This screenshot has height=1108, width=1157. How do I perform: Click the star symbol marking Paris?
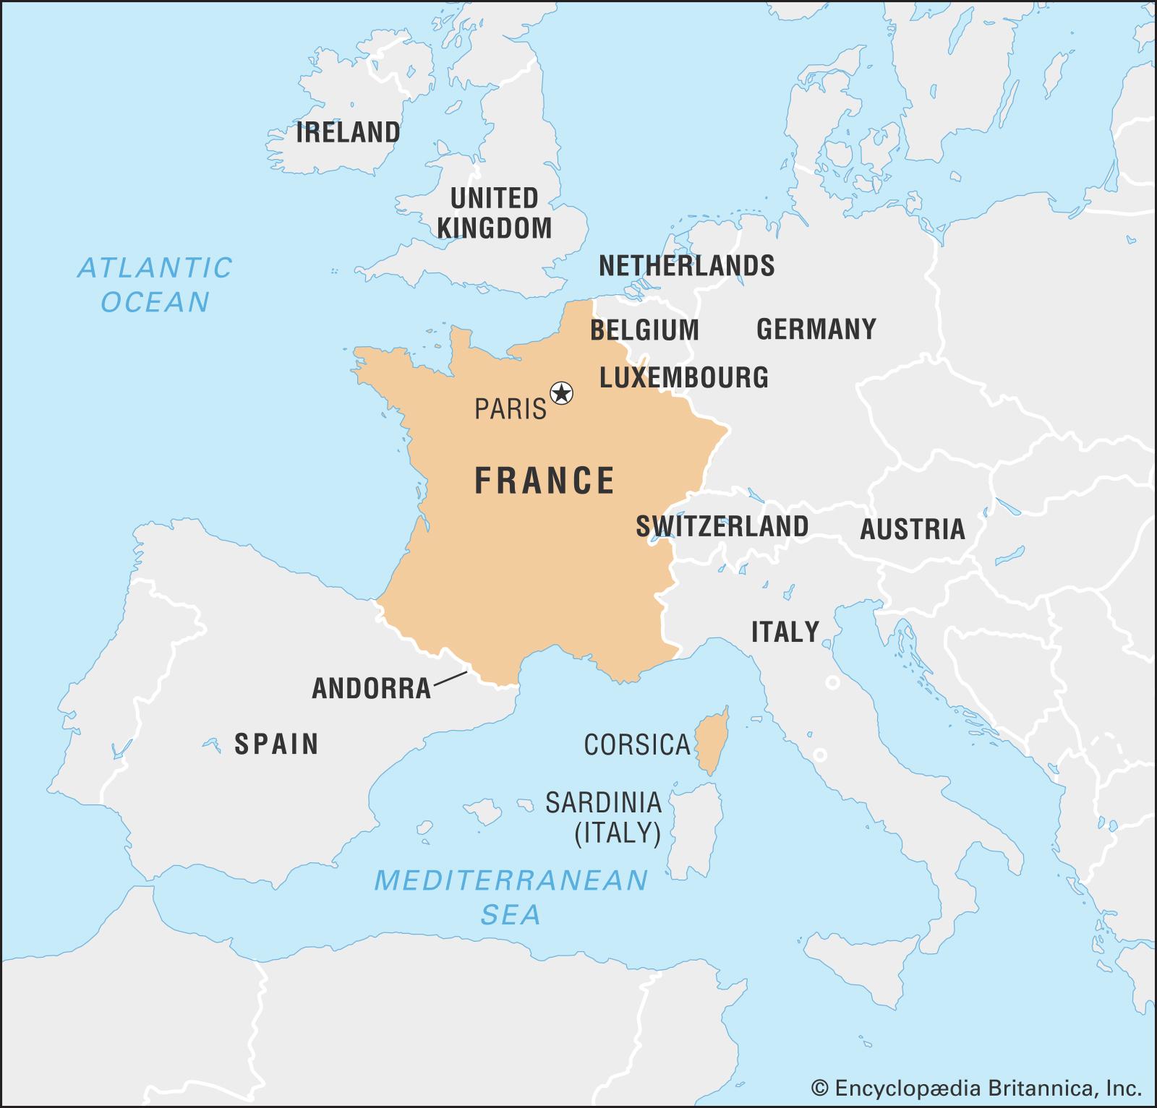(561, 394)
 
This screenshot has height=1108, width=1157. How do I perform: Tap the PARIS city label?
(511, 410)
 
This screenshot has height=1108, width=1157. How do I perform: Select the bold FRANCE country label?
(545, 481)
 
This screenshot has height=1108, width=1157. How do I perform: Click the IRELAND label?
(348, 133)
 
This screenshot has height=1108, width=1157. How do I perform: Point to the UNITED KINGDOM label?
(495, 213)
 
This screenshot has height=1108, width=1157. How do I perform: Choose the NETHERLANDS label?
(686, 266)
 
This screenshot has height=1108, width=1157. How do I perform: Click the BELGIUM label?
(644, 330)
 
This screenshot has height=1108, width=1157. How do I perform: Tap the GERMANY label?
(816, 330)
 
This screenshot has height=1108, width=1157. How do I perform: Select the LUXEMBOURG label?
(684, 377)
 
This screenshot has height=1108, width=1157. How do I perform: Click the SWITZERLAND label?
(722, 526)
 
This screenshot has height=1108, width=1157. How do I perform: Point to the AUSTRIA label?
(912, 530)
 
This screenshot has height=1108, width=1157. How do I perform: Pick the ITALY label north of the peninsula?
(785, 632)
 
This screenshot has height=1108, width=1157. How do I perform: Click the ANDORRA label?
(371, 689)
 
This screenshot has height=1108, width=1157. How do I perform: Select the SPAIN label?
(276, 744)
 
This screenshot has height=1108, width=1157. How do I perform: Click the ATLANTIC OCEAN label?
(155, 285)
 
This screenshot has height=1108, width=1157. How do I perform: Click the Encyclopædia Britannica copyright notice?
(976, 1088)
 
